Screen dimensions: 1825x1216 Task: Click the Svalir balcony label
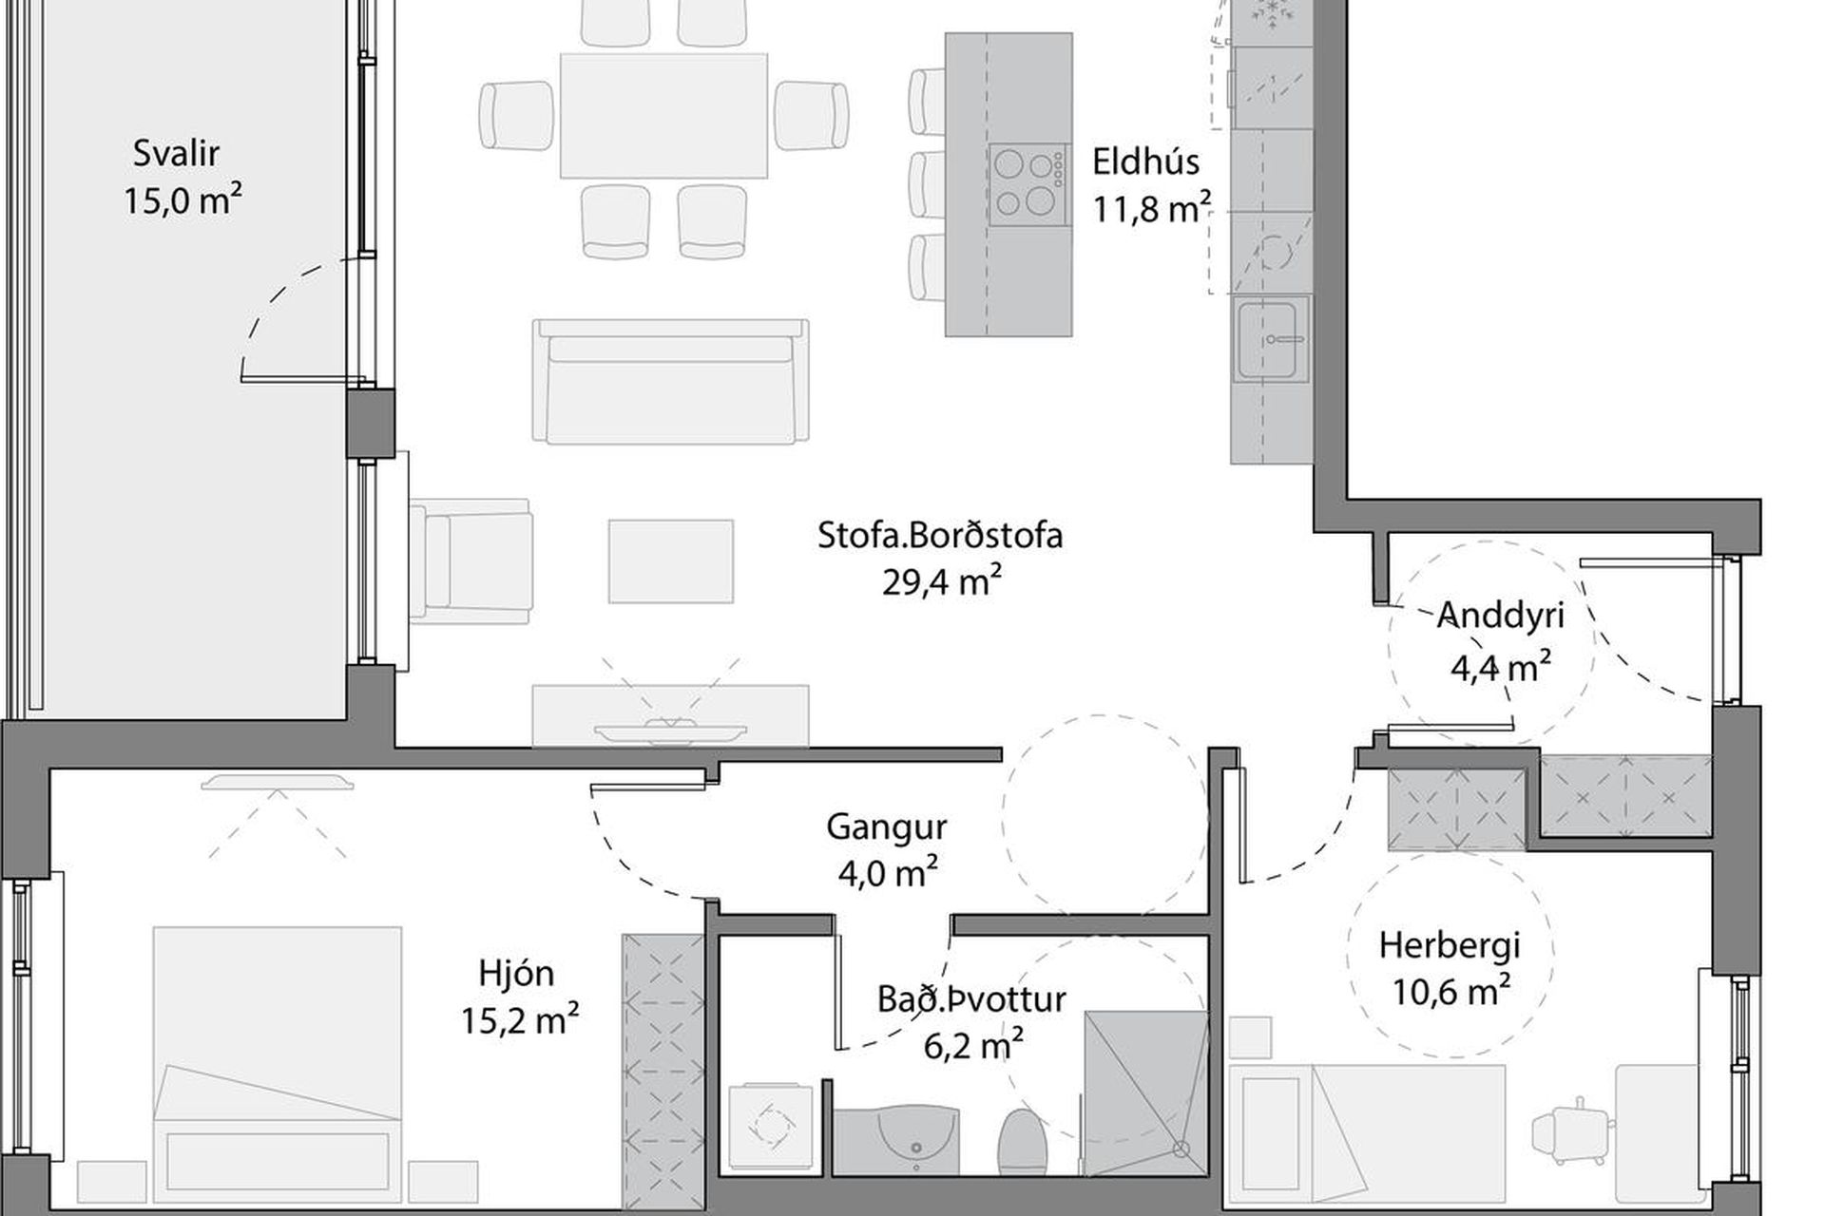pos(177,153)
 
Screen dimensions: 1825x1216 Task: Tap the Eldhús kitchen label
pos(1145,161)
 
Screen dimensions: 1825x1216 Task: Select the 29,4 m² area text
pos(942,581)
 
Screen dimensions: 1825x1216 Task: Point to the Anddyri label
pos(1500,615)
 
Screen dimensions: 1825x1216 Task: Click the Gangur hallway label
pos(886,827)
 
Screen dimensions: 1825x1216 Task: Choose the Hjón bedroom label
pos(516,974)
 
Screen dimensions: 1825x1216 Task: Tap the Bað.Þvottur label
pos(971,998)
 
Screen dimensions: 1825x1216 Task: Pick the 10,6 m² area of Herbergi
pos(1451,992)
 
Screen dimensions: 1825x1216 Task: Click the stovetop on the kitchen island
pos(1027,184)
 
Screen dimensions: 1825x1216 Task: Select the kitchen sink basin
pos(1271,338)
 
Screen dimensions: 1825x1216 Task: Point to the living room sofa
pos(670,381)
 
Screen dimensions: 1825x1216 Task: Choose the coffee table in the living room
pos(671,560)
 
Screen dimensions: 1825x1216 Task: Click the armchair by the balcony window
pos(471,561)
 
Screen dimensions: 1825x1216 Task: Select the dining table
pos(663,116)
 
